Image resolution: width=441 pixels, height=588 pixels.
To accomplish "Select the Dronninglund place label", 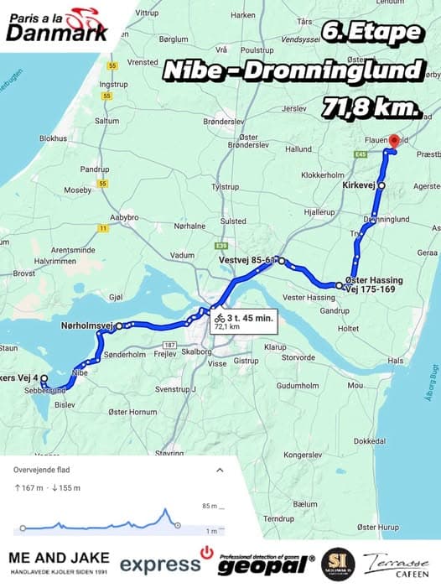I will pos(387,219).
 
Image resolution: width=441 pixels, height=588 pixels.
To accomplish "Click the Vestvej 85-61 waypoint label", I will pos(246,260).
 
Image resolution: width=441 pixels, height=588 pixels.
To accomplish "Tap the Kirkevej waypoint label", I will pos(358,184).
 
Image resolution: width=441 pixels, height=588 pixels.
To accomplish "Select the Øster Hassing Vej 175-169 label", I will pos(374,284).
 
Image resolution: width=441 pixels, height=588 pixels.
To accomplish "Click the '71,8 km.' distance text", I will pos(370,107).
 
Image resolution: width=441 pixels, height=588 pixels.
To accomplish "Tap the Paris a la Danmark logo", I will pos(57,23).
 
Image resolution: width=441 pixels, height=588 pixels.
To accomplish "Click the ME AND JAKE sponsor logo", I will pos(58,563).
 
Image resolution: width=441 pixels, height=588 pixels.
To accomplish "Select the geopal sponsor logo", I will pos(265,564).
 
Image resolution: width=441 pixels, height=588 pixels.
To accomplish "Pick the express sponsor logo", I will pos(160,565).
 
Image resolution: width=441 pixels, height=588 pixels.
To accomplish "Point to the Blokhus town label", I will pos(53,138).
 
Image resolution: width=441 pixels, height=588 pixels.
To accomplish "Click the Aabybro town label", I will pos(123,216).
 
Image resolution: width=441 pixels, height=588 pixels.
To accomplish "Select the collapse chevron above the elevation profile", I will pos(220,471).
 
